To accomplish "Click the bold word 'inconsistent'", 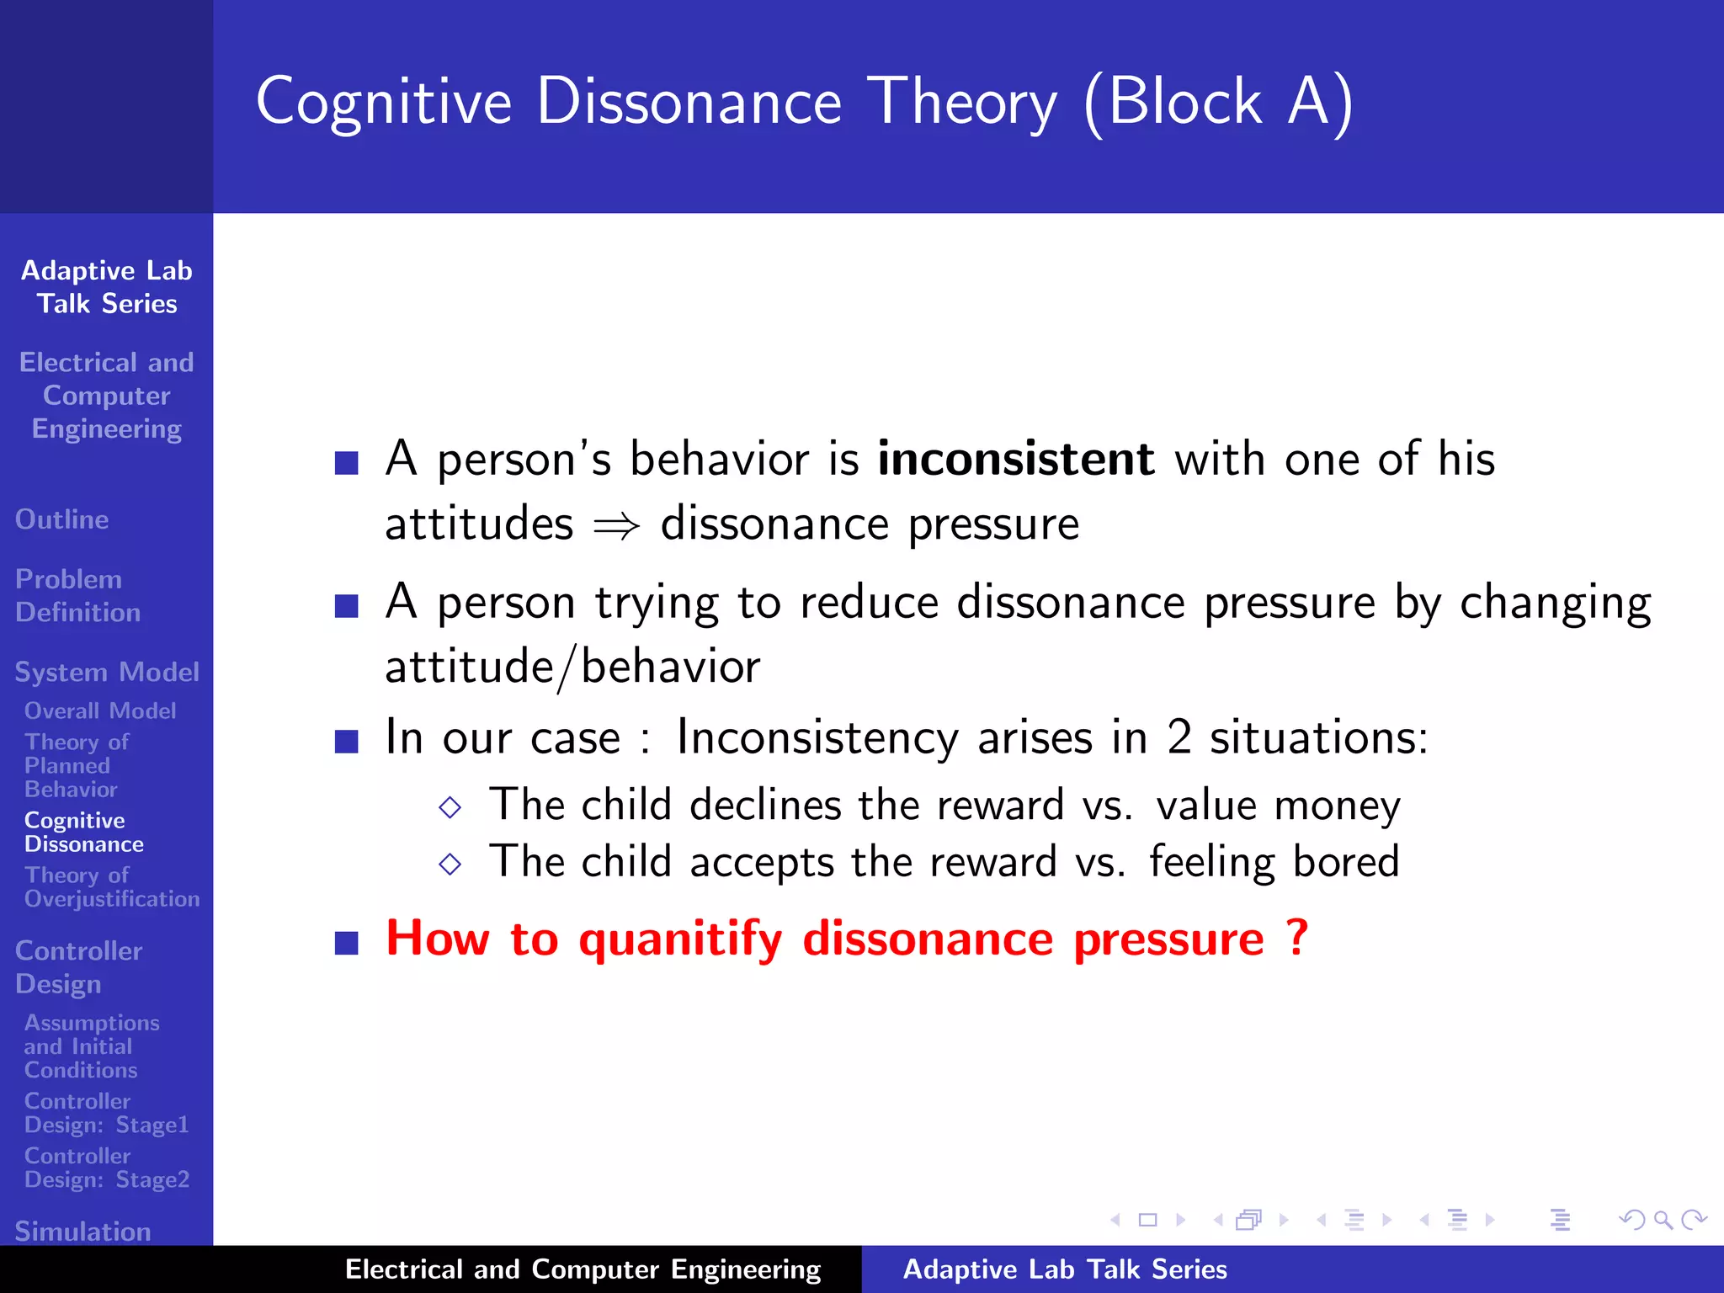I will coord(1015,460).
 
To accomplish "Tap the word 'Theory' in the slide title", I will coord(961,103).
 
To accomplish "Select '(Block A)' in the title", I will coord(1218,103).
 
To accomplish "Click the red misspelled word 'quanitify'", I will coord(680,939).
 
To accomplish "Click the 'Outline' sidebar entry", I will coord(62,519).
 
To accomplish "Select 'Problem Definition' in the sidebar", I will coord(77,595).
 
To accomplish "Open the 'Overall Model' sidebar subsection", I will coord(100,710).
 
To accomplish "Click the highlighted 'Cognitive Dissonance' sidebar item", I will coord(83,832).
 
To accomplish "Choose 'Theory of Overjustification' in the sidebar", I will coord(111,887).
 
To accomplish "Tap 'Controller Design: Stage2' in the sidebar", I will coord(106,1168).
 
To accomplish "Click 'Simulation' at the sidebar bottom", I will coord(82,1231).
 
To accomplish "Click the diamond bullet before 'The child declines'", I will coord(450,807).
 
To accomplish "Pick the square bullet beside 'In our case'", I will coord(346,741).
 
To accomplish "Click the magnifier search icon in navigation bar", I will coord(1663,1220).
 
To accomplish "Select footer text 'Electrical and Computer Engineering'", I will coord(583,1269).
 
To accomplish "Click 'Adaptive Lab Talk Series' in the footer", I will coord(1064,1269).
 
